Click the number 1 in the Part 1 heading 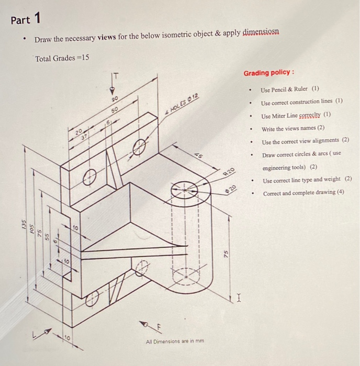37,19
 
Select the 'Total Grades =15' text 62,58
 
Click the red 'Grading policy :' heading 268,73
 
